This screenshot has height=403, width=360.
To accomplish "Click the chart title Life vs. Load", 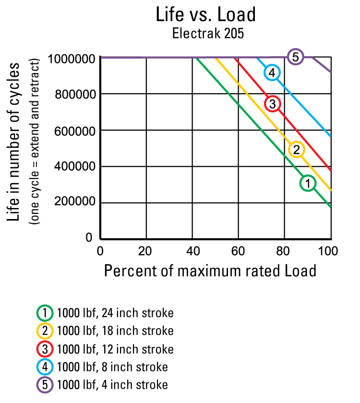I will (205, 15).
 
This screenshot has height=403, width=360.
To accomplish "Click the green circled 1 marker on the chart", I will (308, 183).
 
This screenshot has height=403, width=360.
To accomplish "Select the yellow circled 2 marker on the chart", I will (297, 149).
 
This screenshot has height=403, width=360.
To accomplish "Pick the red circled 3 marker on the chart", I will (272, 104).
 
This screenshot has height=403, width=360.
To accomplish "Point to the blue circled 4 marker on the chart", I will (272, 73).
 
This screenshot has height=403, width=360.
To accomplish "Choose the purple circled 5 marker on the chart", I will (296, 57).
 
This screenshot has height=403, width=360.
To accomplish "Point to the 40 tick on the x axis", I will (192, 250).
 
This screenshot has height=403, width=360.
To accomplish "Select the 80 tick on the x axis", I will (284, 250).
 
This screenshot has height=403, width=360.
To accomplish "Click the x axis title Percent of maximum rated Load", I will (210, 271).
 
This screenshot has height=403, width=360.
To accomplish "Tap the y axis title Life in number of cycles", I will (15, 142).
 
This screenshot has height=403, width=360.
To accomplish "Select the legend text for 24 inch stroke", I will (115, 314).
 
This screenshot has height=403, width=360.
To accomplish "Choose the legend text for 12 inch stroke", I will (115, 349).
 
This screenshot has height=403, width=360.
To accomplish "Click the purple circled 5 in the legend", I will (45, 385).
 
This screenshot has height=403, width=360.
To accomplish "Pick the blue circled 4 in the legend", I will (45, 367).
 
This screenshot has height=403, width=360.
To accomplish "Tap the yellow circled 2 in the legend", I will (45, 331).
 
